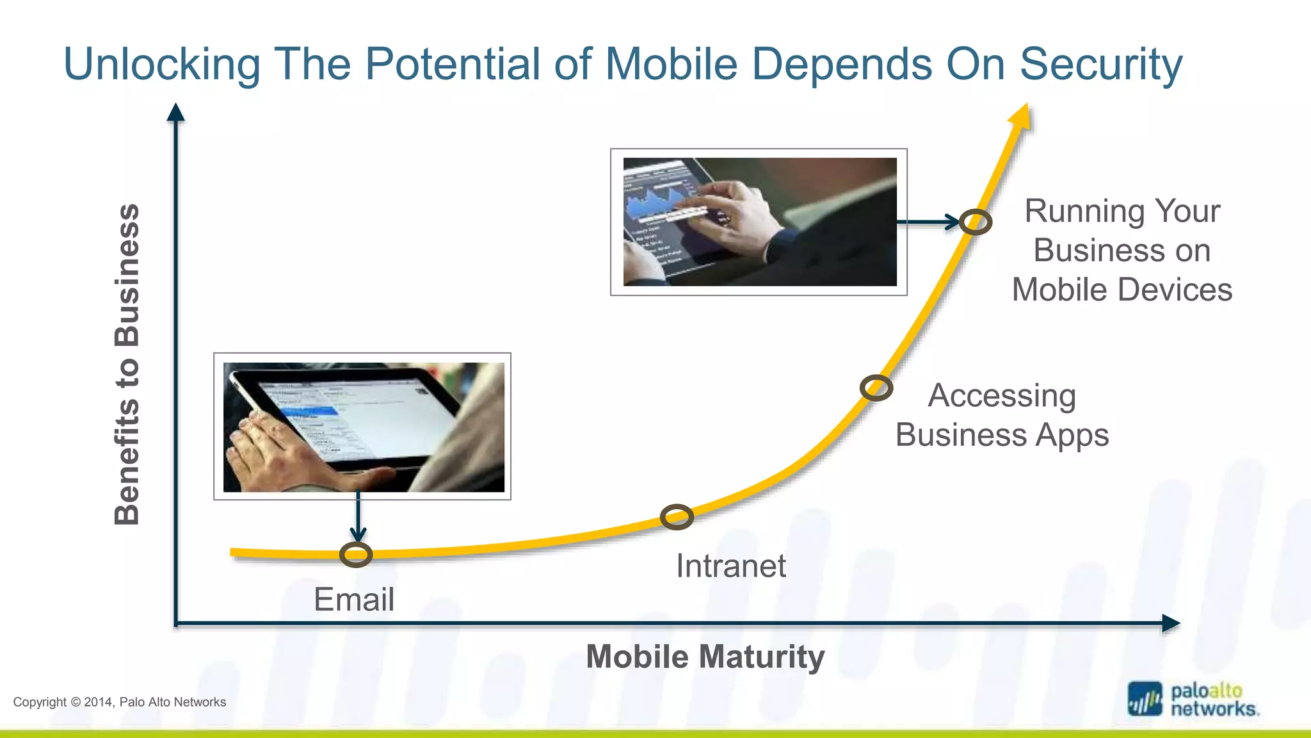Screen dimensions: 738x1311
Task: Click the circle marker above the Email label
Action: pyautogui.click(x=356, y=555)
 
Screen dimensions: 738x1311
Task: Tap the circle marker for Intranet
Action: pyautogui.click(x=677, y=517)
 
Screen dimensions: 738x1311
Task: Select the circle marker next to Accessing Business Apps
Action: pyautogui.click(x=876, y=388)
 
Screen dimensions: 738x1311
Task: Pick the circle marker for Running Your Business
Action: pyautogui.click(x=975, y=222)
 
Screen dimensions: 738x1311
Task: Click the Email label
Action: pyautogui.click(x=353, y=600)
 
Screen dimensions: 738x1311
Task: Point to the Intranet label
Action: pyautogui.click(x=730, y=566)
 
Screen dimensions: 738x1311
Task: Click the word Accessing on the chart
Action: pyautogui.click(x=1002, y=395)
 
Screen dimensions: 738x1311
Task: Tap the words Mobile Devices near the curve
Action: pyautogui.click(x=1122, y=290)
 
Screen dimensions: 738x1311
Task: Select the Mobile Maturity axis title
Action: pyautogui.click(x=705, y=657)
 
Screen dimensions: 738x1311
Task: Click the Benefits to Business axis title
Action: pyautogui.click(x=127, y=364)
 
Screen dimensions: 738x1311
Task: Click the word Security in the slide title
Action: pyautogui.click(x=1100, y=64)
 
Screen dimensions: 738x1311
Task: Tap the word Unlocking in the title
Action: pyautogui.click(x=162, y=64)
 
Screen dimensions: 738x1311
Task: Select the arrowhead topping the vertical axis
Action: pyautogui.click(x=175, y=113)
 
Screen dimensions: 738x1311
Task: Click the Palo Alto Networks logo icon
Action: pyautogui.click(x=1144, y=699)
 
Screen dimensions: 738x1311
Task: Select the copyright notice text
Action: pyautogui.click(x=120, y=702)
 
